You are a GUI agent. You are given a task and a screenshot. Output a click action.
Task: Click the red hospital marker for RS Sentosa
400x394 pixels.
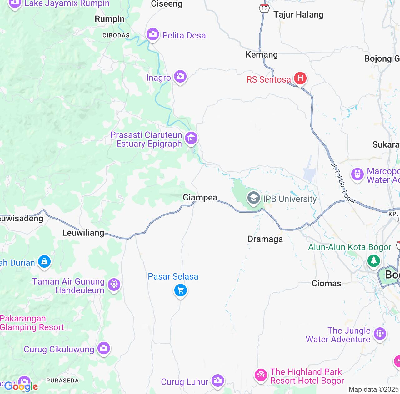point(300,78)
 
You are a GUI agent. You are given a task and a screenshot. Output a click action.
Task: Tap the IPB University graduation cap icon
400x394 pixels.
point(253,198)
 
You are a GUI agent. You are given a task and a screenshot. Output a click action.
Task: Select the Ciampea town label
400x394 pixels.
point(200,197)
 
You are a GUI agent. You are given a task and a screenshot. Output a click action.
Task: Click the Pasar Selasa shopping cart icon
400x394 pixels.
point(180,290)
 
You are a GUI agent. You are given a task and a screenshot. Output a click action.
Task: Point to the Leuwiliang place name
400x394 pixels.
point(83,233)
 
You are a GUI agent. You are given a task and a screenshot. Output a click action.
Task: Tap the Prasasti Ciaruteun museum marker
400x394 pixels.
point(191,138)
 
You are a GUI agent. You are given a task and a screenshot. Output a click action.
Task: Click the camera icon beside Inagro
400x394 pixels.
point(180,76)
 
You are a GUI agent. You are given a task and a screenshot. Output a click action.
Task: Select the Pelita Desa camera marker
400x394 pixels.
point(152,34)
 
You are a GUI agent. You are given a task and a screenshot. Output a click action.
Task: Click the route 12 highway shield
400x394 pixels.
point(264,8)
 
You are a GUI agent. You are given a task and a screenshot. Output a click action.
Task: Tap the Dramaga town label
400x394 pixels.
point(265,239)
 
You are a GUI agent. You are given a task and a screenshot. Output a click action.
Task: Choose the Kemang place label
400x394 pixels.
point(262,54)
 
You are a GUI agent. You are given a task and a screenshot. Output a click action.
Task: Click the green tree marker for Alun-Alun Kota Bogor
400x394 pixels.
point(373,260)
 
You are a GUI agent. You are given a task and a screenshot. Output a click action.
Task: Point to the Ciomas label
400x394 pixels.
point(326,283)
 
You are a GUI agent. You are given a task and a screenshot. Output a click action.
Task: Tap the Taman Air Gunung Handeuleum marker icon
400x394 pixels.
point(114,285)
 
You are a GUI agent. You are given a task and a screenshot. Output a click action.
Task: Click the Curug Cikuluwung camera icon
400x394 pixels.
point(103,348)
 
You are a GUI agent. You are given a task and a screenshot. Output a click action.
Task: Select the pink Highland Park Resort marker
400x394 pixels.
point(261,375)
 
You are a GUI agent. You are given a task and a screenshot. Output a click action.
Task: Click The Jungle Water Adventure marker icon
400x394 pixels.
point(380,334)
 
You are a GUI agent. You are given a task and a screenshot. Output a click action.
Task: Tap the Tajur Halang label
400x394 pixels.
point(298,14)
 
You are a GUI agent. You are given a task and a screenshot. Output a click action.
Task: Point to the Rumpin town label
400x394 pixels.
point(109,19)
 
